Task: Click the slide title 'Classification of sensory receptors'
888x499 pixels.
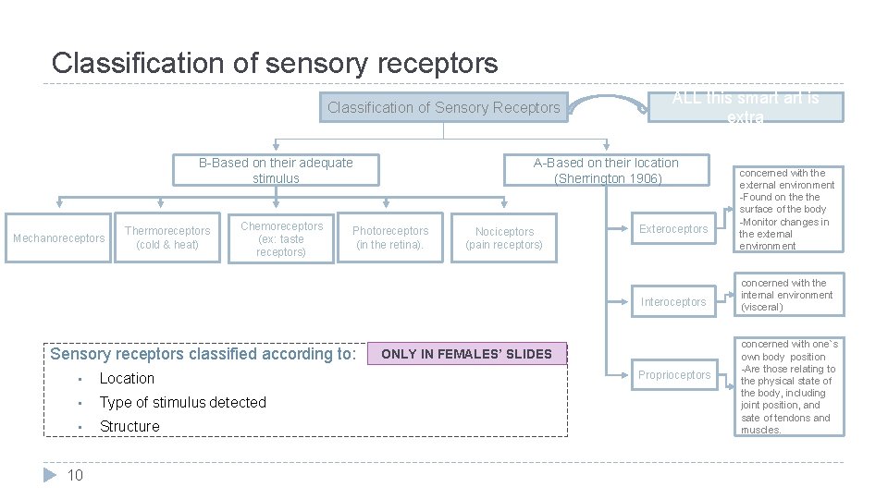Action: click(x=275, y=63)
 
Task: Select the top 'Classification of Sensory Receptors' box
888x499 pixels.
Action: click(x=443, y=108)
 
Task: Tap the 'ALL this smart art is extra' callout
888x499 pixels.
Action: click(x=745, y=107)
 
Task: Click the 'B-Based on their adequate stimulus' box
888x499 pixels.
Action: click(x=276, y=170)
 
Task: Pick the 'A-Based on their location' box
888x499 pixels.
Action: click(x=607, y=170)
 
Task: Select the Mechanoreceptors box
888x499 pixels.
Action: click(x=59, y=238)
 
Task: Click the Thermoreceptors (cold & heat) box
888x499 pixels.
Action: click(x=167, y=237)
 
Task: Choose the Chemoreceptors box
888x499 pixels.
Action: click(x=281, y=238)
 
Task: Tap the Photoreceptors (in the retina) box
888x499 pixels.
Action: click(x=390, y=237)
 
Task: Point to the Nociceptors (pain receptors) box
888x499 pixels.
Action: click(x=504, y=238)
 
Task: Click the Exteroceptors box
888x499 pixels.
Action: click(x=673, y=229)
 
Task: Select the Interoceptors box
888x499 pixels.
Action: click(x=673, y=302)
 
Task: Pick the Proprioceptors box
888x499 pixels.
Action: click(x=673, y=375)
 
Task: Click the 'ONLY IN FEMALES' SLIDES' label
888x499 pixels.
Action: click(x=466, y=354)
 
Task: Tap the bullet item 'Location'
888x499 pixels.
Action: click(x=127, y=379)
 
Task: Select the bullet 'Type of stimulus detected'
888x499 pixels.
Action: click(x=182, y=403)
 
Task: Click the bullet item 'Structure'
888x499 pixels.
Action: click(x=129, y=427)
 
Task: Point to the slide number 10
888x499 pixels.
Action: click(x=75, y=476)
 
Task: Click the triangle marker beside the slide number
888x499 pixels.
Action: click(x=51, y=475)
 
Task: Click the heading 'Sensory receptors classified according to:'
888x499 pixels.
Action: click(x=203, y=354)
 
